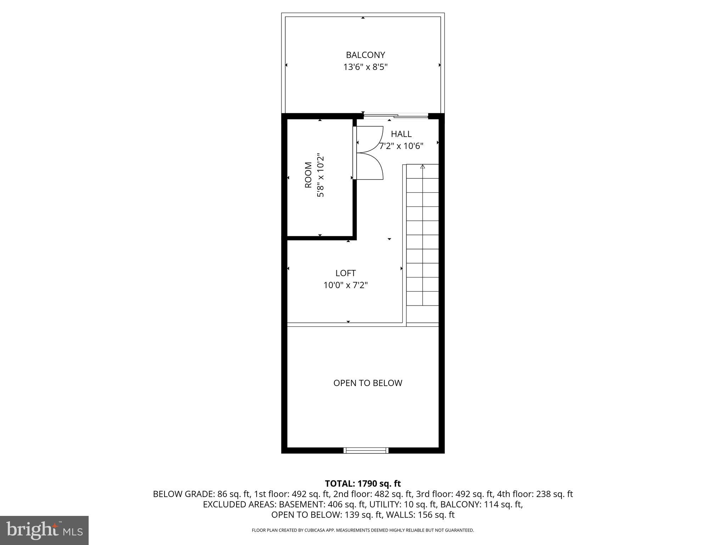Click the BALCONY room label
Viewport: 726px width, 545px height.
pyautogui.click(x=365, y=55)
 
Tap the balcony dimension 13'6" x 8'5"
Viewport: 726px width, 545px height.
pyautogui.click(x=365, y=67)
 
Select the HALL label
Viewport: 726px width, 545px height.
pyautogui.click(x=401, y=134)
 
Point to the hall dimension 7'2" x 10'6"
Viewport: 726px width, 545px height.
pyautogui.click(x=401, y=146)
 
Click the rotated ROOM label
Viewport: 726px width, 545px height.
pyautogui.click(x=308, y=175)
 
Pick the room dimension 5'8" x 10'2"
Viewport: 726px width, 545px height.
pyautogui.click(x=320, y=175)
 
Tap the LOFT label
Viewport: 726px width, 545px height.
pyautogui.click(x=345, y=273)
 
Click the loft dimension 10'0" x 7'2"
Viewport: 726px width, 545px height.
pyautogui.click(x=345, y=285)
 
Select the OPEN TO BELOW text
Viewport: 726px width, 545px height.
pyautogui.click(x=368, y=383)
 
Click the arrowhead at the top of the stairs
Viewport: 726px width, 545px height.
pyautogui.click(x=422, y=166)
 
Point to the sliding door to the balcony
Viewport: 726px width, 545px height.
pyautogui.click(x=396, y=116)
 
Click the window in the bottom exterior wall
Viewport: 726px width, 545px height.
pyautogui.click(x=366, y=451)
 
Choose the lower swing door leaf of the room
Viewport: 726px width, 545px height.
pyautogui.click(x=369, y=166)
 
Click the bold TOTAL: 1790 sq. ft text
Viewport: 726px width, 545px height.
pyautogui.click(x=363, y=483)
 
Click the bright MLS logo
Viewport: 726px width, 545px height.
pyautogui.click(x=44, y=531)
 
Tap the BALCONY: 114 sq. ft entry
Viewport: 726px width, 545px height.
pyautogui.click(x=481, y=504)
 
